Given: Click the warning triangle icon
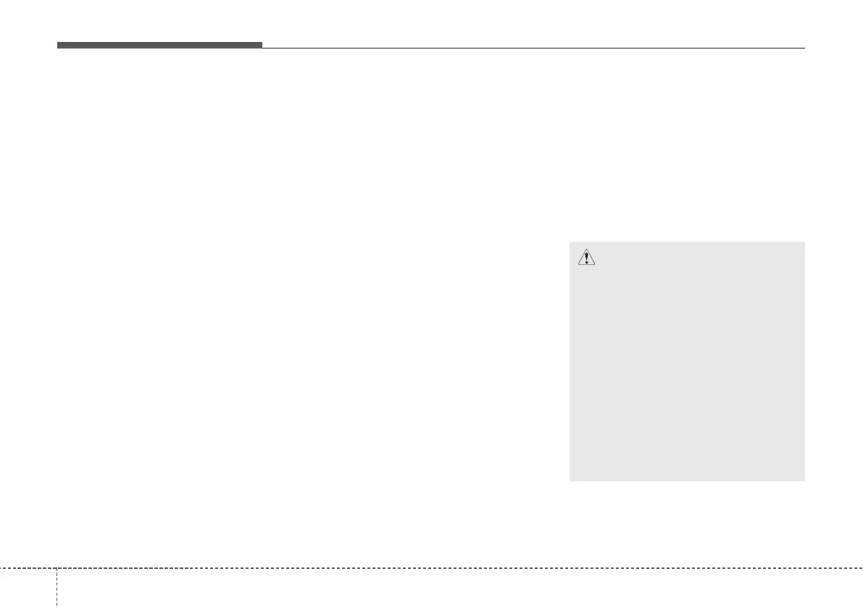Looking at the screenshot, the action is click(585, 257).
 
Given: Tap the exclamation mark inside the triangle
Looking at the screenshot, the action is click(585, 258).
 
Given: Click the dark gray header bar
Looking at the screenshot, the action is click(159, 46).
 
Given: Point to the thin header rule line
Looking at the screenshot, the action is click(533, 48).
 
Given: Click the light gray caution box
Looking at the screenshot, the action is click(687, 362).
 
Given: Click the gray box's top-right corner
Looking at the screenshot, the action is click(804, 242).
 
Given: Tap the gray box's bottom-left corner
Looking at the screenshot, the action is click(570, 481).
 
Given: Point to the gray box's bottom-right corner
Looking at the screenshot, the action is click(804, 481).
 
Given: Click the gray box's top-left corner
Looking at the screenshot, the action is click(570, 242).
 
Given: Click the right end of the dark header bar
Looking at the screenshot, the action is click(262, 46).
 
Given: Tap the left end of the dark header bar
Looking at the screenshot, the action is click(58, 46).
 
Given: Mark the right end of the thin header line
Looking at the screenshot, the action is click(804, 48).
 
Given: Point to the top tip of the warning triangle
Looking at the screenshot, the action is click(585, 250).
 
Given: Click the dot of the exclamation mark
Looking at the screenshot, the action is click(585, 262).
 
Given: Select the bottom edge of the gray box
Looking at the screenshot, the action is click(687, 481).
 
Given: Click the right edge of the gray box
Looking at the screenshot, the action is click(804, 362).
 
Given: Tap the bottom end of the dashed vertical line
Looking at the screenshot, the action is click(56, 606).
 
